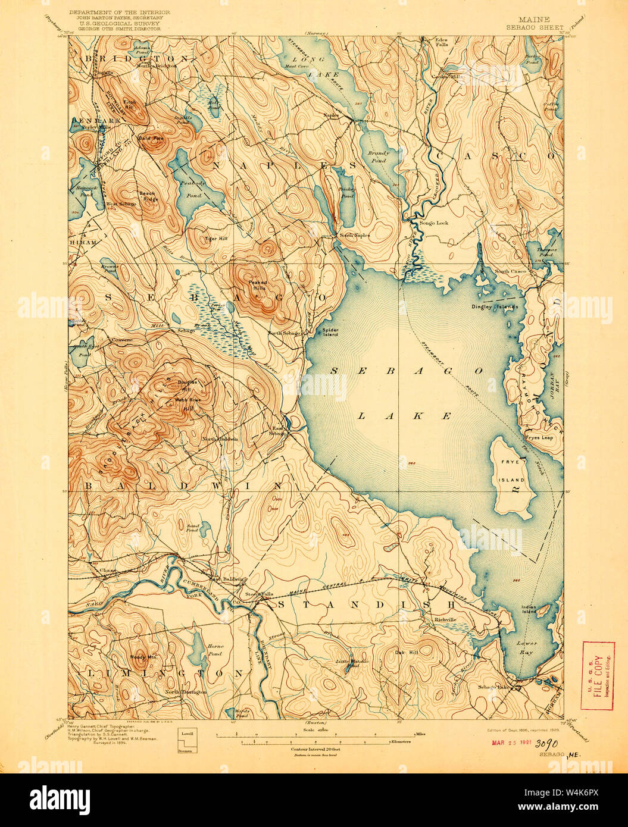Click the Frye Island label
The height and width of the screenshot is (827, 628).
(x=511, y=474)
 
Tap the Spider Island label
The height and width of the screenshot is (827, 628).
(x=330, y=332)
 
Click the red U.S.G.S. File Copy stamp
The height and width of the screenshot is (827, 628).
(x=598, y=675)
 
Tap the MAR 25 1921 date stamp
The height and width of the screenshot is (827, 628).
(x=511, y=743)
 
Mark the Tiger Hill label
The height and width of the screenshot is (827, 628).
(x=201, y=238)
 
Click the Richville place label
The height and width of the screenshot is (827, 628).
(x=443, y=619)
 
